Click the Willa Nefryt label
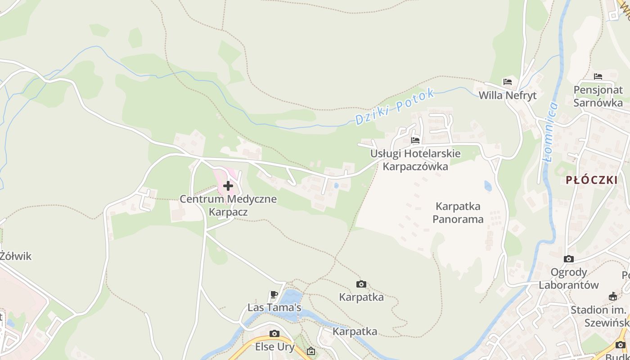click(x=507, y=95)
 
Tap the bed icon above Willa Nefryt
click(x=508, y=82)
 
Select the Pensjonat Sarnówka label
click(x=598, y=96)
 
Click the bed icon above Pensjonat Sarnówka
click(x=598, y=76)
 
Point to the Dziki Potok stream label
click(x=395, y=107)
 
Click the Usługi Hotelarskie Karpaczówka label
click(x=415, y=160)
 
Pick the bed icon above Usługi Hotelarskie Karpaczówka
click(x=415, y=140)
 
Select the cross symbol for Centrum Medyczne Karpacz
click(x=228, y=185)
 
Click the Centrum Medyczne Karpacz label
click(x=228, y=205)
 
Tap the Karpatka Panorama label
click(x=458, y=213)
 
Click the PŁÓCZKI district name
click(x=591, y=180)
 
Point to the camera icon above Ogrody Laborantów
click(x=569, y=259)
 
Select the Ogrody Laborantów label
click(x=569, y=279)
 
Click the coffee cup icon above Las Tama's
click(x=274, y=295)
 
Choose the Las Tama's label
click(x=274, y=308)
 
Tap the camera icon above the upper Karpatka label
click(x=361, y=284)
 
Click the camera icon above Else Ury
click(x=274, y=333)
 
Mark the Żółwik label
click(x=16, y=256)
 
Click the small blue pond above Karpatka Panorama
click(x=488, y=185)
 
